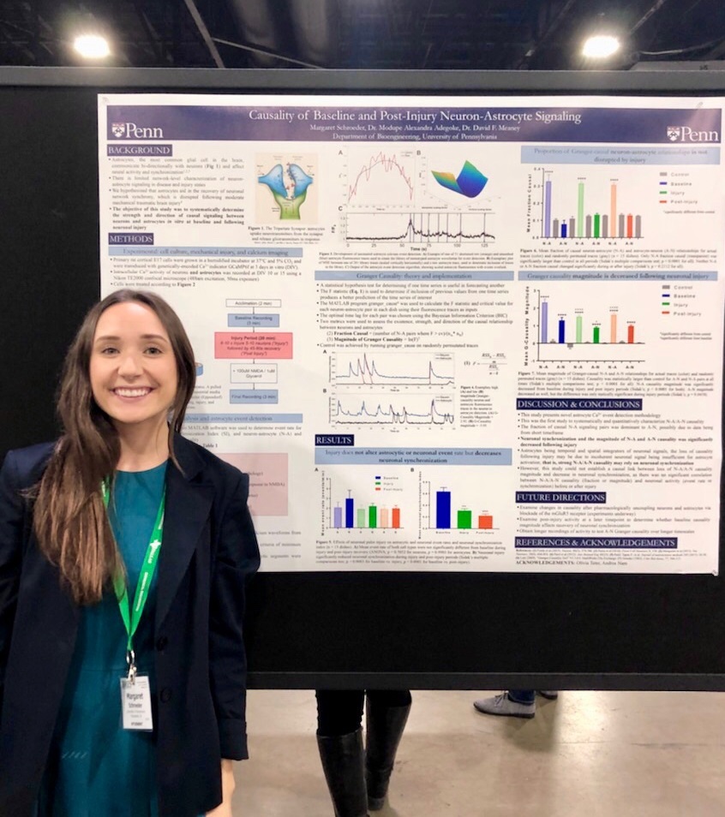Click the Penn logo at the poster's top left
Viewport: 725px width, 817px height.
(x=136, y=130)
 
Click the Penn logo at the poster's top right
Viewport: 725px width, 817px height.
(x=692, y=134)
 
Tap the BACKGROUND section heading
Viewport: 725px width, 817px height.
(x=139, y=150)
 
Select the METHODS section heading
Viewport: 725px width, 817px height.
(x=130, y=239)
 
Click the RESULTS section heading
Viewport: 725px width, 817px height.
(x=333, y=439)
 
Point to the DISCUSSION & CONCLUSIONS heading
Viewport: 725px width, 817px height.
(x=578, y=404)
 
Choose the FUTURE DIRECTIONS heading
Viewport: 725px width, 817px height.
(x=560, y=497)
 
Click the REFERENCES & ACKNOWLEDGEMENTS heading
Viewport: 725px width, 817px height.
(x=596, y=543)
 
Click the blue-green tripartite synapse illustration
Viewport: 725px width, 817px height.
(x=286, y=190)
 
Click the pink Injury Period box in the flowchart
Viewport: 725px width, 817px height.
(x=254, y=345)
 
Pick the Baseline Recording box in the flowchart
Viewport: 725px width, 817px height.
(x=254, y=319)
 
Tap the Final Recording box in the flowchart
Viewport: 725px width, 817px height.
(x=254, y=397)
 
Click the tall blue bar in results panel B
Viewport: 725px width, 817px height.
(x=443, y=509)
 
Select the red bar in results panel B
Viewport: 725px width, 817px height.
(x=485, y=521)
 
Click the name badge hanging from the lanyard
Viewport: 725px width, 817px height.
(x=136, y=701)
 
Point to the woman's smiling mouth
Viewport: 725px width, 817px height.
(x=133, y=392)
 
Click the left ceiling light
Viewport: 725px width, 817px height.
(x=91, y=46)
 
